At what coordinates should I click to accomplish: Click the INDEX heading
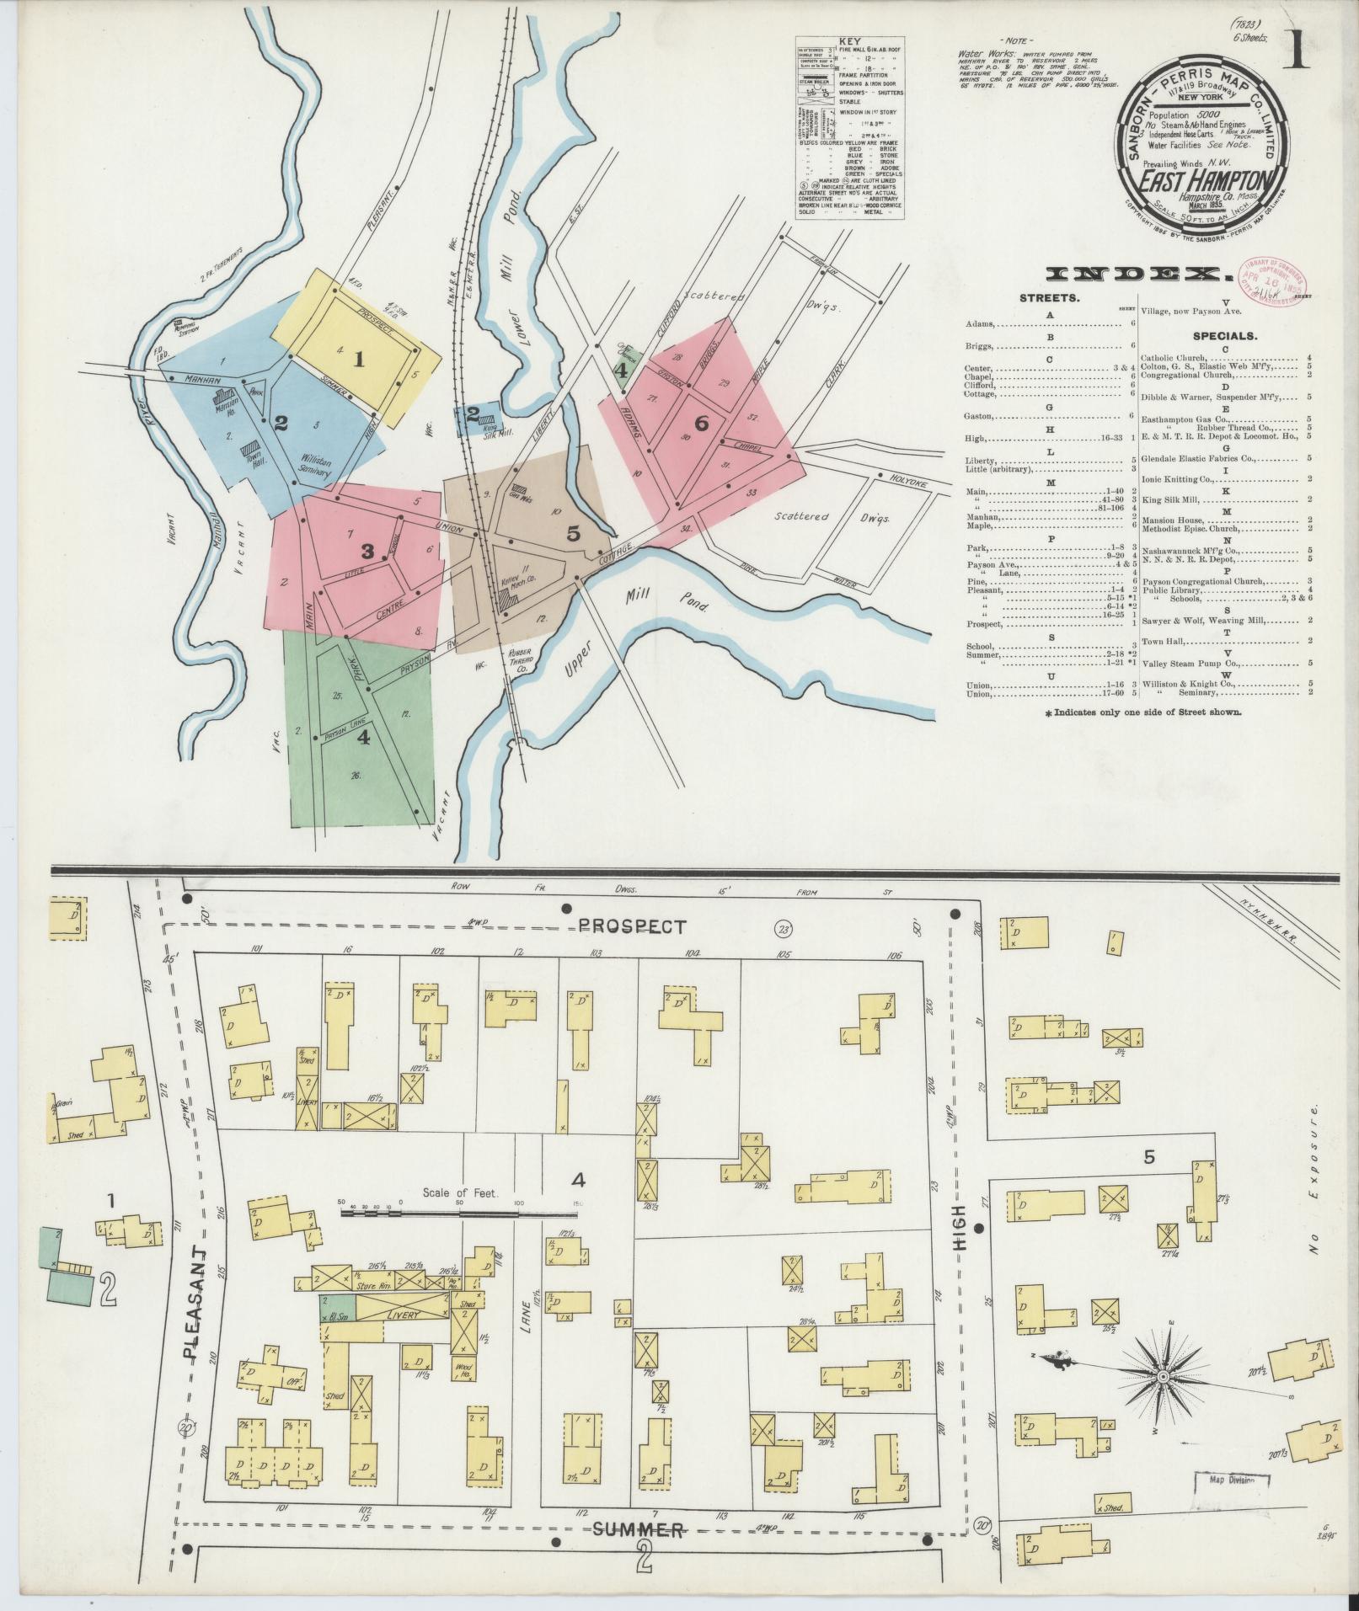coord(1132,274)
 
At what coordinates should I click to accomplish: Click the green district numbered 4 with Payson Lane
coord(362,733)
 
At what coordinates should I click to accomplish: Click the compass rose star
coord(1162,1376)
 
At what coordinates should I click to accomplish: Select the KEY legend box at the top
coord(849,129)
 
